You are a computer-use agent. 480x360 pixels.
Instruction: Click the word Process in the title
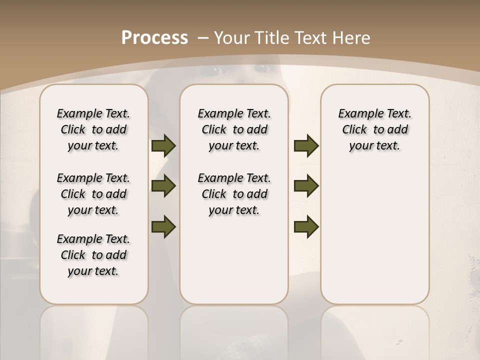pos(154,38)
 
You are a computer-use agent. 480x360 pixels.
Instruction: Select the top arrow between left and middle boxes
pos(163,145)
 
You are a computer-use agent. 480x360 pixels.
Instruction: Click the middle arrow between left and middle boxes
pos(163,186)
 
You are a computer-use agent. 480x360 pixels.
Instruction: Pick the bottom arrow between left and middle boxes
pos(163,226)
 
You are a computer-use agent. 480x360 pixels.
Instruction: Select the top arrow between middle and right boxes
pos(306,145)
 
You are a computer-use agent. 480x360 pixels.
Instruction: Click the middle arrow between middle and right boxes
pos(306,186)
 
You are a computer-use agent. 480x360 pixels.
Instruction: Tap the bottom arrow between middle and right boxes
pos(306,226)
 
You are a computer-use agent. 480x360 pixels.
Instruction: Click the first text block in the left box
pos(93,129)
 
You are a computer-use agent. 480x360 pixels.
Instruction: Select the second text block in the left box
pos(93,194)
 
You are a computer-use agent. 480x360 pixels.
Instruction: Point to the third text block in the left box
pos(93,255)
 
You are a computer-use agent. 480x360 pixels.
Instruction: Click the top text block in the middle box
pos(234,129)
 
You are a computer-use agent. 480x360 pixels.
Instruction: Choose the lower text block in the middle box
pos(234,194)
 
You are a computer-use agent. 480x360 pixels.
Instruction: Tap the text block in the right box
pos(374,129)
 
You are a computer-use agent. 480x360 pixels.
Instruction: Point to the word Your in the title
pos(232,38)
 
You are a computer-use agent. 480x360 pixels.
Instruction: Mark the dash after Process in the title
pos(203,38)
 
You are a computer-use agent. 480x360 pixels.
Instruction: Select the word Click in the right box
pos(354,130)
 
